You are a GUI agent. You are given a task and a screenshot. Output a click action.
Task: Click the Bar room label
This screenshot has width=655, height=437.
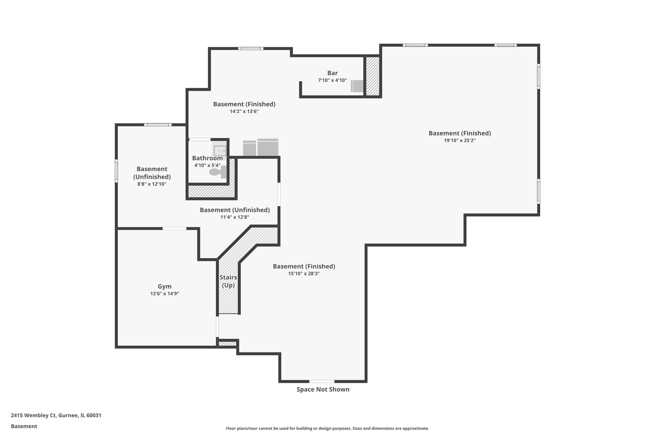[x=332, y=73]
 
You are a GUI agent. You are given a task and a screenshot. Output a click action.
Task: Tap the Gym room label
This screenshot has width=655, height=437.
[x=165, y=286]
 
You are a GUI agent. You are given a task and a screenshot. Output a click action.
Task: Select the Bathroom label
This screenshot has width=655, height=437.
[x=207, y=158]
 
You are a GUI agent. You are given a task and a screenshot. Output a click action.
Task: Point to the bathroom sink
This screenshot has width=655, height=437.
[x=220, y=151]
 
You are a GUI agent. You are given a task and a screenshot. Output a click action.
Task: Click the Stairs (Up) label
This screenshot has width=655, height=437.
[x=228, y=281]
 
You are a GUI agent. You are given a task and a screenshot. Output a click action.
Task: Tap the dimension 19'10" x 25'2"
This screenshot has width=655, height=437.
[x=460, y=141]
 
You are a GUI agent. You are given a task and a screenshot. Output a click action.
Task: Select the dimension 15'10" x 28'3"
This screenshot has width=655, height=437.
[x=304, y=274]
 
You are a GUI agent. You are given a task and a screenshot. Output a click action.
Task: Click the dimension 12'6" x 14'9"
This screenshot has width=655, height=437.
[x=165, y=294]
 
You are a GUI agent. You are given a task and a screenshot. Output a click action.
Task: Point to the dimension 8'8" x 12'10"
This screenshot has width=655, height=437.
[x=152, y=184]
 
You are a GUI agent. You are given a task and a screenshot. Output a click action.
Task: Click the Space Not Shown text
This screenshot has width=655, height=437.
[x=323, y=389]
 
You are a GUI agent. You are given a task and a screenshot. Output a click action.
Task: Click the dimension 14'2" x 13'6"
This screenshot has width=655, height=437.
[x=244, y=111]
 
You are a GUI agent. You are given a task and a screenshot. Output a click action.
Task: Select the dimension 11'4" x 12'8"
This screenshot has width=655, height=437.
[x=235, y=217]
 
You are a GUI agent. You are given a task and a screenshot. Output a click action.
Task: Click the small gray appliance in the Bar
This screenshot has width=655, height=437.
[x=357, y=86]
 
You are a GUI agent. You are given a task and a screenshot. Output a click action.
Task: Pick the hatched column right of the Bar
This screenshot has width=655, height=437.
[x=372, y=76]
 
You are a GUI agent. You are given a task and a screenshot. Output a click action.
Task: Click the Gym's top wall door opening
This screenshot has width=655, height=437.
[x=174, y=229]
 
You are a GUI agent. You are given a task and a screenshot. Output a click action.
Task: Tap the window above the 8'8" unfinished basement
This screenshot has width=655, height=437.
[x=158, y=125]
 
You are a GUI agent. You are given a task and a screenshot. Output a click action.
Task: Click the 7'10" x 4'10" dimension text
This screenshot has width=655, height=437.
[x=332, y=81]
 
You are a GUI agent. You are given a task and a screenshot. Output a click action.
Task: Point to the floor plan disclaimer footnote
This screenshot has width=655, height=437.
[x=327, y=428]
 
